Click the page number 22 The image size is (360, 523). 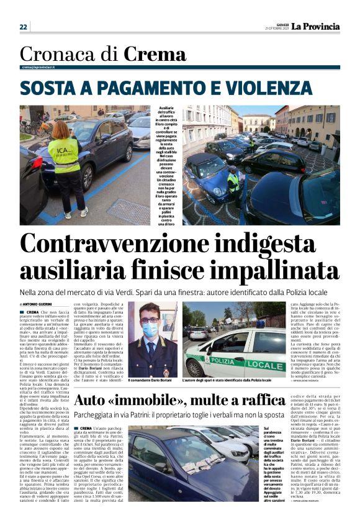24,27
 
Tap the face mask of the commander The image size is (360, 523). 150,331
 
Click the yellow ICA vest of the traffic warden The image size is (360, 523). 64,155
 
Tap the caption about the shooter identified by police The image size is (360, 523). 227,380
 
